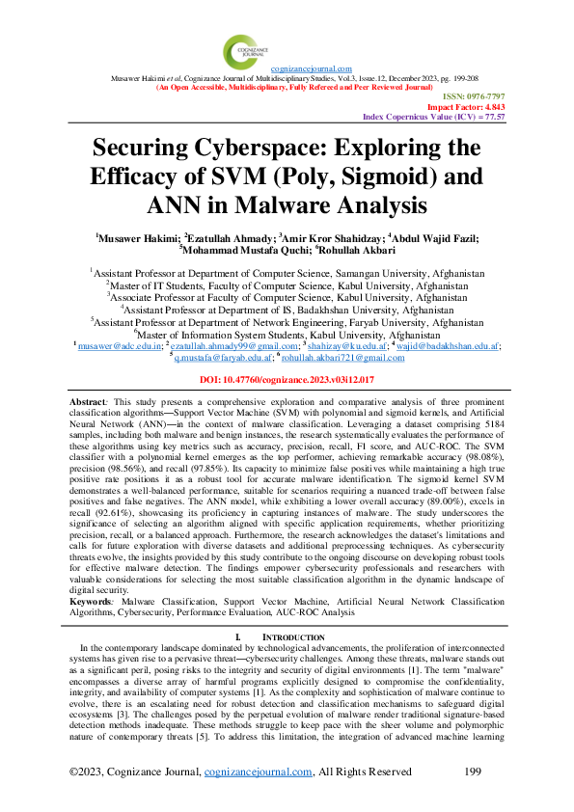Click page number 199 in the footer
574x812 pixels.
[473, 771]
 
